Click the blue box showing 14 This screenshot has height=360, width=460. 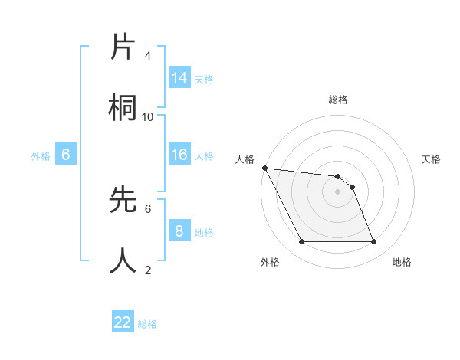179,78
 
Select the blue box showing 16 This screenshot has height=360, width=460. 179,155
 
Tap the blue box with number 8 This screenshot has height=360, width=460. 179,231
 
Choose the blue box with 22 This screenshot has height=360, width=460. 123,322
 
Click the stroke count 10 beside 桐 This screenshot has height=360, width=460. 148,116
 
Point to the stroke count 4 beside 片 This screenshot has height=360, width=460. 148,56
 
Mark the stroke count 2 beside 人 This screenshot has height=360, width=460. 148,270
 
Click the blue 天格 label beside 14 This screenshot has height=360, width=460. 204,79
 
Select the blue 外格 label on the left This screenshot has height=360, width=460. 41,155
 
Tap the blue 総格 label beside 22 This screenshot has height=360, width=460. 147,323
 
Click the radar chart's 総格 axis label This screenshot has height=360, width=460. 338,100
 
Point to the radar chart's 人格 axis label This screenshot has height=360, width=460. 245,159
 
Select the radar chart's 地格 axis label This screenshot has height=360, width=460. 402,262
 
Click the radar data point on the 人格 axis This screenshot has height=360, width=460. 264,168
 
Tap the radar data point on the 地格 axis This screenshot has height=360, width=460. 373,242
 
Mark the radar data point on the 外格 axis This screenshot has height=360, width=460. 301,242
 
